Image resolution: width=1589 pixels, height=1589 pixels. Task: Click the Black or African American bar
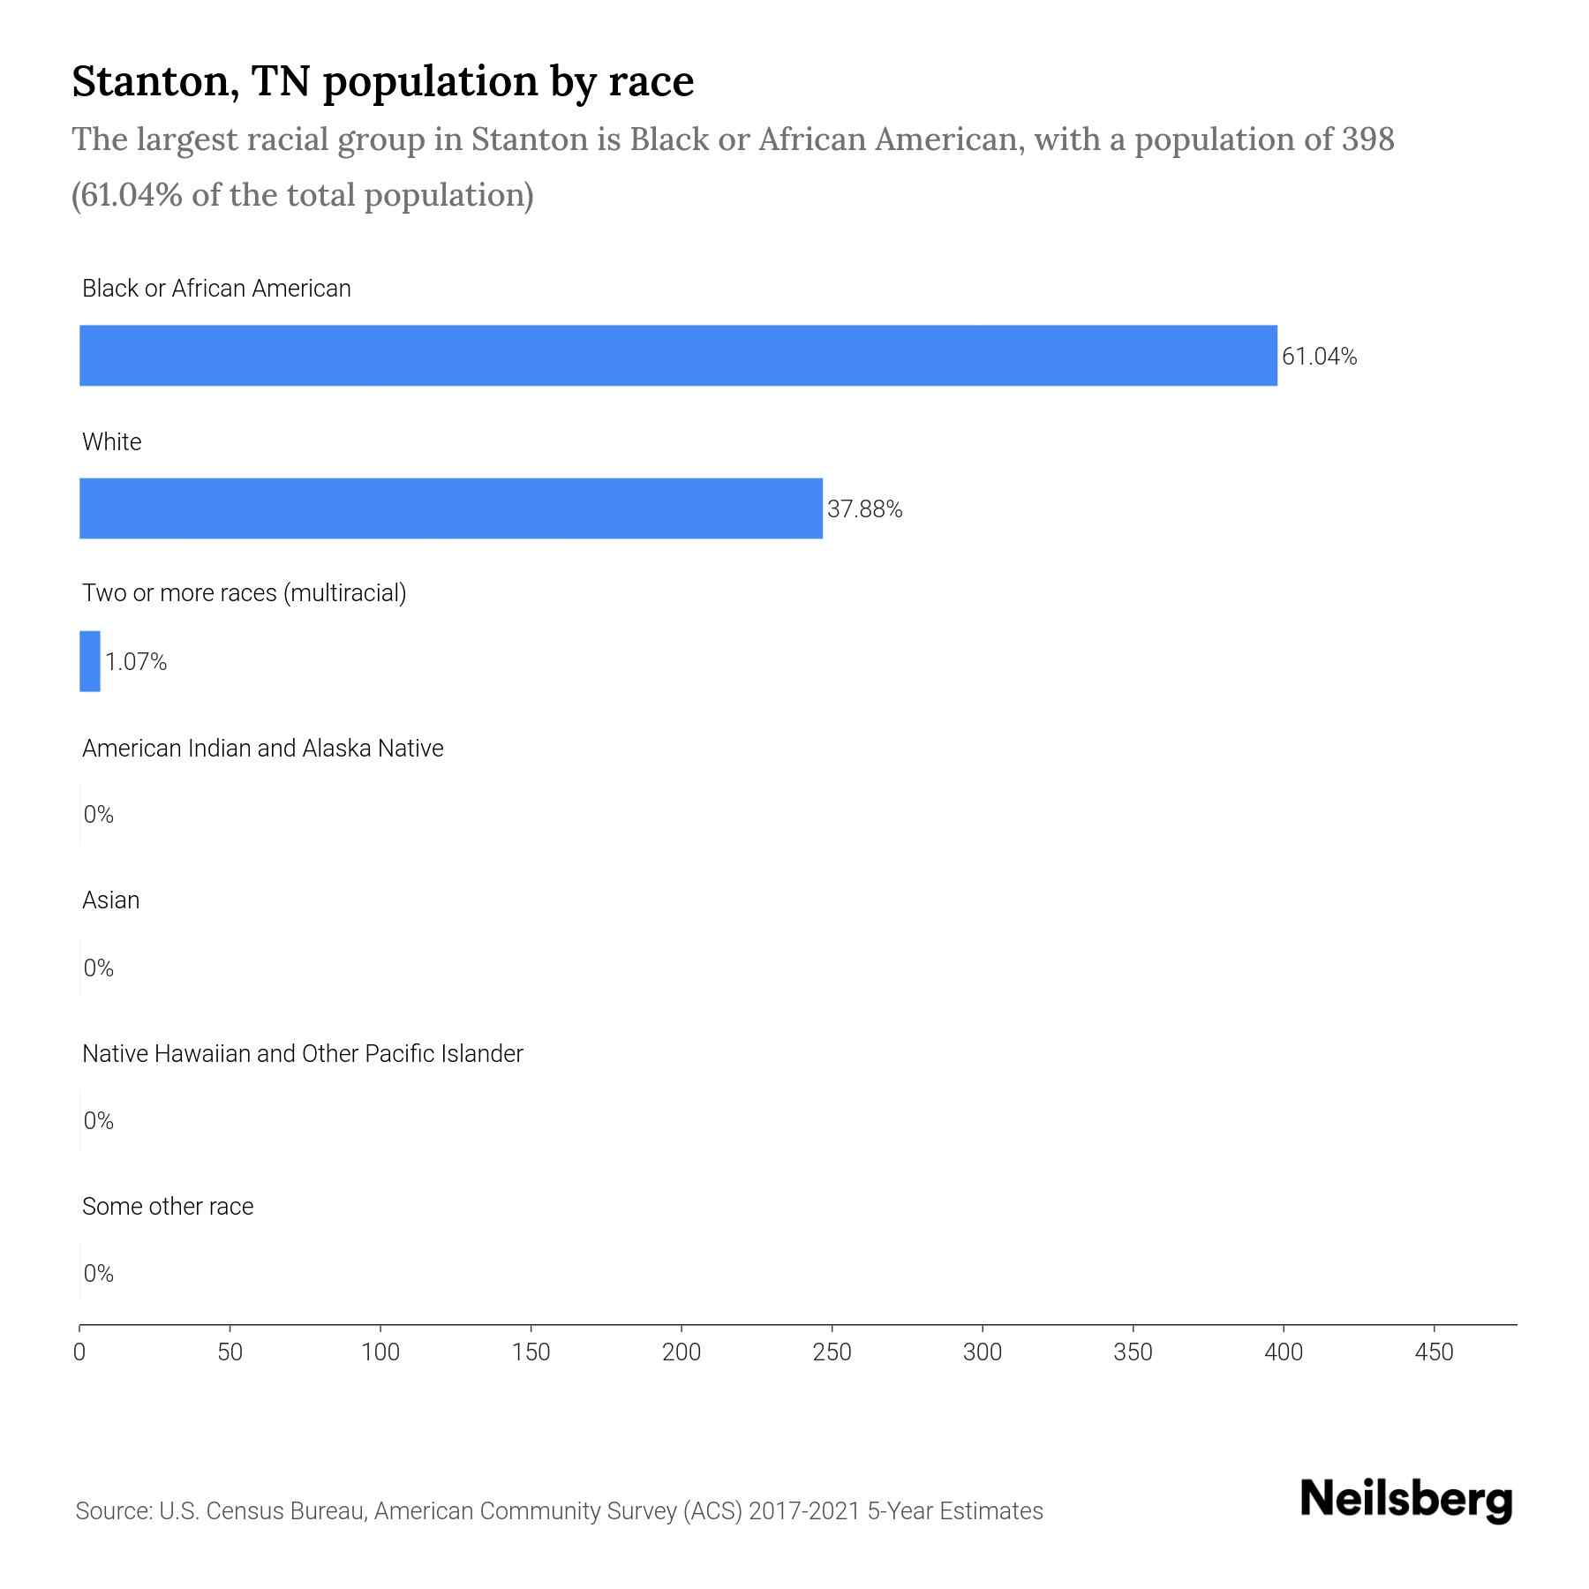pyautogui.click(x=678, y=355)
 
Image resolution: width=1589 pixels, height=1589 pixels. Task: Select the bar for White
pyautogui.click(x=450, y=508)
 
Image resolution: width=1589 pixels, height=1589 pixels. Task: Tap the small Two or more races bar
pyautogui.click(x=90, y=661)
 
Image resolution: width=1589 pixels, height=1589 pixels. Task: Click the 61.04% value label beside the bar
pyautogui.click(x=1319, y=357)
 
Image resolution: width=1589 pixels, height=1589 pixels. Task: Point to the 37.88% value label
pyautogui.click(x=864, y=509)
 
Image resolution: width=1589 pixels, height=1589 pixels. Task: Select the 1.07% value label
pyautogui.click(x=136, y=662)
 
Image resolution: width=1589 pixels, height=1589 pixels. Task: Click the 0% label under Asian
pyautogui.click(x=99, y=968)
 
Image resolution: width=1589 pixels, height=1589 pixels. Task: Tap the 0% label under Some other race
pyautogui.click(x=99, y=1273)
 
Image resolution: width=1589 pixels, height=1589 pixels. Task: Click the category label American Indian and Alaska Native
pyautogui.click(x=262, y=749)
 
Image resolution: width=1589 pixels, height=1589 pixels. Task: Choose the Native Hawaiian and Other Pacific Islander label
pyautogui.click(x=302, y=1054)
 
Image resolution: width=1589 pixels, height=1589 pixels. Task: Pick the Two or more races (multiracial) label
pyautogui.click(x=244, y=593)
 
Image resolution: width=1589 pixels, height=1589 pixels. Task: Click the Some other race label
pyautogui.click(x=168, y=1207)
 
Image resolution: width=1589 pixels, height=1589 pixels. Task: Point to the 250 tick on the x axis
pyautogui.click(x=832, y=1352)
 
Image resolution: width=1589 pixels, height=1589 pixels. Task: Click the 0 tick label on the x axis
pyautogui.click(x=79, y=1352)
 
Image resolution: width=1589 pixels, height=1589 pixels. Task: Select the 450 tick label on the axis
pyautogui.click(x=1434, y=1352)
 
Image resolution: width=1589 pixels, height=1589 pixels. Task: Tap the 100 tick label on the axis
pyautogui.click(x=380, y=1352)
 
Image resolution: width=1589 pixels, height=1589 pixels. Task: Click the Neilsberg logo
pyautogui.click(x=1406, y=1500)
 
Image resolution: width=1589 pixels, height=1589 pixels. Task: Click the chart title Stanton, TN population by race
pyautogui.click(x=382, y=81)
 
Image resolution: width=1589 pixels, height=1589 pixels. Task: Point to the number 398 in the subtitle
pyautogui.click(x=1367, y=139)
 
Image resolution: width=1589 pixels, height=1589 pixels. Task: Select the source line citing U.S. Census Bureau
pyautogui.click(x=559, y=1511)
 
